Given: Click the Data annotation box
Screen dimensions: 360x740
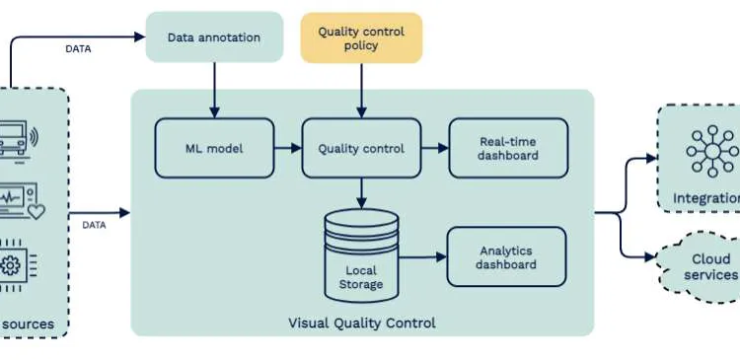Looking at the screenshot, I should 213,38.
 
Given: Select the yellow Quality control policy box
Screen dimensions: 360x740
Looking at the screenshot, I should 361,38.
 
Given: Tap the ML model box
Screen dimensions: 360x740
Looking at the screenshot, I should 213,149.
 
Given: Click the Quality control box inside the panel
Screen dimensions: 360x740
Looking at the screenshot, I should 361,149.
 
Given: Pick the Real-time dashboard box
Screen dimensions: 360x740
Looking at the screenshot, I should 508,149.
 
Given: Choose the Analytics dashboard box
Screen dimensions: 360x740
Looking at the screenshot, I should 507,257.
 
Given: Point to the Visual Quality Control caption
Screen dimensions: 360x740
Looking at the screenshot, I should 361,323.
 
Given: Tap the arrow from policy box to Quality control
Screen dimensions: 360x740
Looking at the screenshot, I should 361,90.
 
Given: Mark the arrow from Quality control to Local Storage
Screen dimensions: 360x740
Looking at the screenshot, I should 361,193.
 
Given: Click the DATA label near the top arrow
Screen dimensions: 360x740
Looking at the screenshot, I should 79,48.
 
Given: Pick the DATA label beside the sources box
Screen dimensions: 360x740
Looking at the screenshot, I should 94,225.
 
